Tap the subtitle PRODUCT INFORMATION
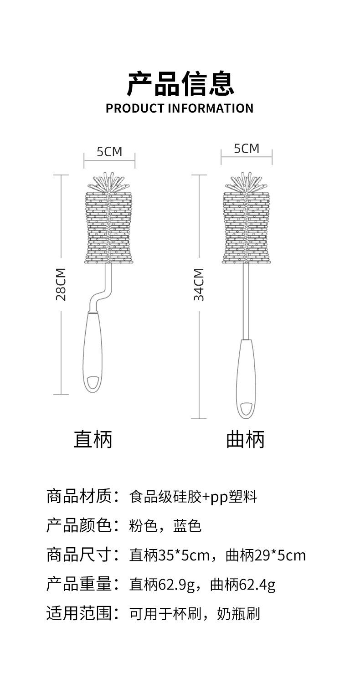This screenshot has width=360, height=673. [x=180, y=108]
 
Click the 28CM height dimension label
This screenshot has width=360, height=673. [x=61, y=284]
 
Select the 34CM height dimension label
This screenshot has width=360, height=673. [x=199, y=284]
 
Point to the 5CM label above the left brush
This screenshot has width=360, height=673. [x=109, y=152]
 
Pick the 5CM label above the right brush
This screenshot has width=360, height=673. [x=246, y=149]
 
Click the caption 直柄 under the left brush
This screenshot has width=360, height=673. [x=93, y=439]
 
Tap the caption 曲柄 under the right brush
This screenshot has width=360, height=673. [x=245, y=439]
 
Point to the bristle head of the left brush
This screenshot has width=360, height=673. [x=109, y=223]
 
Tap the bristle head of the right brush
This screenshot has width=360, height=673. [x=246, y=223]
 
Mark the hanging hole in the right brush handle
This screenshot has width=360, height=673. [x=246, y=408]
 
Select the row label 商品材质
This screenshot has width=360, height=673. [x=79, y=497]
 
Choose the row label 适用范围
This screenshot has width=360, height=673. [x=79, y=613]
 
